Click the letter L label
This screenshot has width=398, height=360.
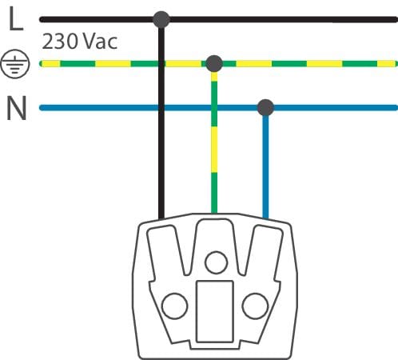pos(16,18)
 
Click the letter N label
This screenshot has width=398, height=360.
pos(17,108)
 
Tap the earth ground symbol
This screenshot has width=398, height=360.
pos(15,64)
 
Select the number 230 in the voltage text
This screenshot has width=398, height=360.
pos(60,42)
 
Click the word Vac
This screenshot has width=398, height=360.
pos(101,42)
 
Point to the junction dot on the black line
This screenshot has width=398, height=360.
pos(161,19)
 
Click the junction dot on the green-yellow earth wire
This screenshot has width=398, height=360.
pos(214,64)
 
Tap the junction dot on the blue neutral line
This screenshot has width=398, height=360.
pos(265,108)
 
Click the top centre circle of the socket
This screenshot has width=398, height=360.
pos(216,262)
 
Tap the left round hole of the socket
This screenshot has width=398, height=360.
pos(175,306)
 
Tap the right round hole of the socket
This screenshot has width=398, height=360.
pos(255,306)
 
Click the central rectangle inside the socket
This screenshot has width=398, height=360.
pos(215,311)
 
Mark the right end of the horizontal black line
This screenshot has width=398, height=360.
pos(396,19)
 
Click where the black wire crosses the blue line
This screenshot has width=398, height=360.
pos(161,108)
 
